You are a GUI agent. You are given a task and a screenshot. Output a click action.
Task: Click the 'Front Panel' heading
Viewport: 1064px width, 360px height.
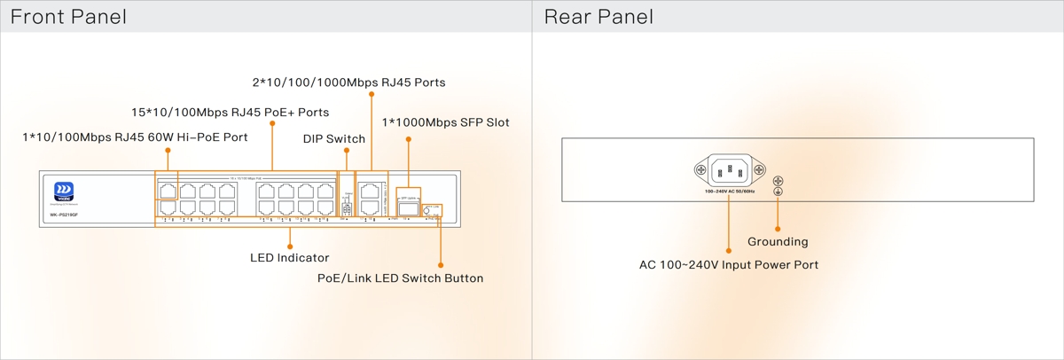coord(68,17)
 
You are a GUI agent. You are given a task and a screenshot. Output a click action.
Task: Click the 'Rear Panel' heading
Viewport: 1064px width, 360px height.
coord(598,17)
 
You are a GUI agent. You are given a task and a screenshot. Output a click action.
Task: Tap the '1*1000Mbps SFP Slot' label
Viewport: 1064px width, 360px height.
coord(445,122)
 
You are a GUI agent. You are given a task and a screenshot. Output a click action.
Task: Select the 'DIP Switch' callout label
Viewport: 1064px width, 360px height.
coord(333,139)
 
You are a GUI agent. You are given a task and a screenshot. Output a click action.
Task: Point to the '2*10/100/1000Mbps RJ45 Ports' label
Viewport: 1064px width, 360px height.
coord(348,82)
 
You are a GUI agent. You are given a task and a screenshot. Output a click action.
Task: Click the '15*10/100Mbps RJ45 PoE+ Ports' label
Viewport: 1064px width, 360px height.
coord(230,113)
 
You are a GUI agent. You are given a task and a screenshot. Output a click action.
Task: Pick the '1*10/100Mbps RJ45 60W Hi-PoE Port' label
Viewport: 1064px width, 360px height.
coord(135,137)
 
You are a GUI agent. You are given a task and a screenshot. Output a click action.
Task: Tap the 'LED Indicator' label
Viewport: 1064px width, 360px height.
coord(289,258)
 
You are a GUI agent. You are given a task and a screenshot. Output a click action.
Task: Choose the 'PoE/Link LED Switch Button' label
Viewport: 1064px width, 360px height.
coord(400,278)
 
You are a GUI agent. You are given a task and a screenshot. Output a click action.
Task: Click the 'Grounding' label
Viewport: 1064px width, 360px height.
coord(778,242)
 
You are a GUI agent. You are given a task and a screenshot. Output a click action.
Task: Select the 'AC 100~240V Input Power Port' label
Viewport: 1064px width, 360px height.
coord(729,265)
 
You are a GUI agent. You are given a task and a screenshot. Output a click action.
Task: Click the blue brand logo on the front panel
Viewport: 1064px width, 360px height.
coord(64,192)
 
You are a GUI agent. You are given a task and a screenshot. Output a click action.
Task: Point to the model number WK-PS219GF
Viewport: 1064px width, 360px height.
coord(59,215)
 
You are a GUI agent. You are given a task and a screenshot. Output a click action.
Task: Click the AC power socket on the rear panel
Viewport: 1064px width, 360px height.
coord(729,169)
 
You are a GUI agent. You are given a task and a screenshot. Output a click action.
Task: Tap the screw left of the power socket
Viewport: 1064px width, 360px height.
coord(700,170)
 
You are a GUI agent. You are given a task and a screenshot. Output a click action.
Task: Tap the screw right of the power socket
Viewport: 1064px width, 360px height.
coord(758,170)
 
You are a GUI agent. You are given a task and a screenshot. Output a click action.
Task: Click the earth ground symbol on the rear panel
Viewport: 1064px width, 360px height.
coord(778,192)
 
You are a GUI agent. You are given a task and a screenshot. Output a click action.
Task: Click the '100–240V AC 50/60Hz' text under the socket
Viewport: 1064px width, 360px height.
coord(729,191)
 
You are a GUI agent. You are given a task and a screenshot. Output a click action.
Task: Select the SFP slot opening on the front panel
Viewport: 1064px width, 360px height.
coord(408,208)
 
